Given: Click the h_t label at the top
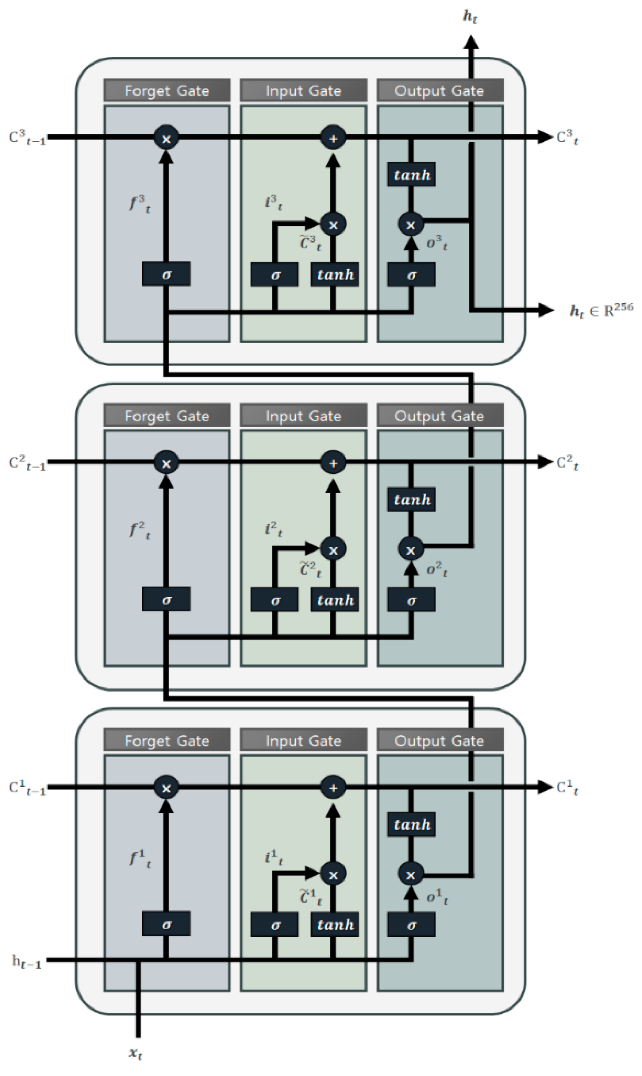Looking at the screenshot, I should pos(470,16).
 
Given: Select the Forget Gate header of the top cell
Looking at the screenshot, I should pos(167,90).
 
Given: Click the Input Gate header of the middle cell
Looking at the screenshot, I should pos(303,416).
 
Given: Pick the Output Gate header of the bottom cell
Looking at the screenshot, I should pos(440,740).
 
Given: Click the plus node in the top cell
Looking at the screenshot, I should pos(333,138).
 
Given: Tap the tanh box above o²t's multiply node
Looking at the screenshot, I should pos(411,500).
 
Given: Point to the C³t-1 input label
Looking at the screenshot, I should pos(27,138).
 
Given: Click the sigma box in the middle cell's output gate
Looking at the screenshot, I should pos(411,600).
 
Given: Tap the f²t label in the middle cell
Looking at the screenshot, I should pos(140,530).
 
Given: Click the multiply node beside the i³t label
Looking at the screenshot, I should pos(333,224).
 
